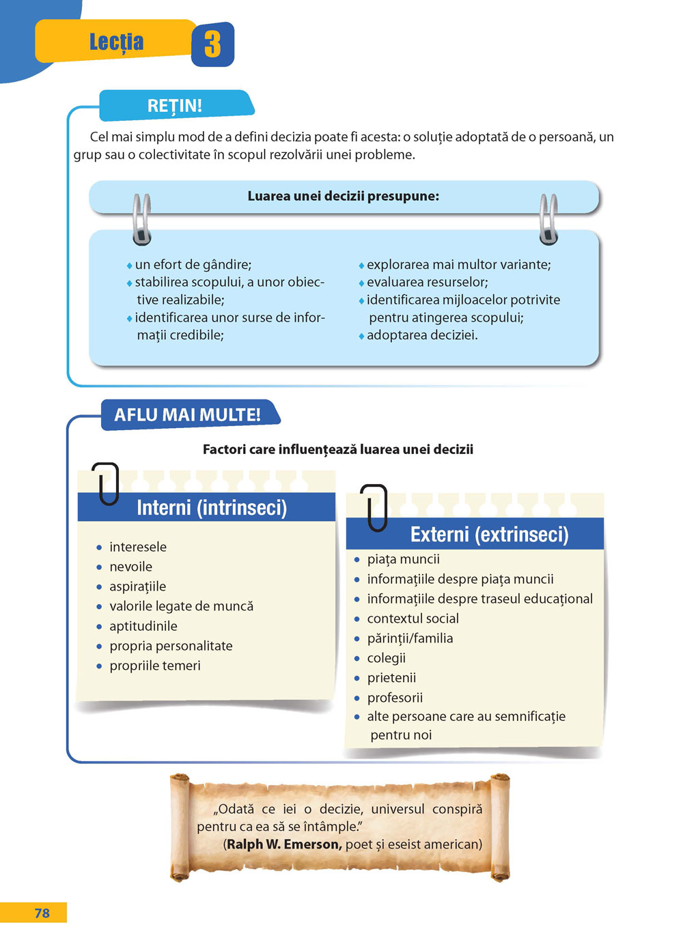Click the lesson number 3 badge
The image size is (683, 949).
[x=212, y=44]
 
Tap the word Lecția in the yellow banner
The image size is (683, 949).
[x=117, y=42]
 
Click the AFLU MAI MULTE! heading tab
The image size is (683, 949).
[x=189, y=415]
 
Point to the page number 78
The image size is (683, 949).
[x=42, y=913]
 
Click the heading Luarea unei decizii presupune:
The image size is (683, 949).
[x=343, y=196]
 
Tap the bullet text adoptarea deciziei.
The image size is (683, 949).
[x=422, y=335]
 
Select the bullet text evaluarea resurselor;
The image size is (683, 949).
[x=428, y=282]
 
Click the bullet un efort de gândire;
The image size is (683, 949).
[x=193, y=264]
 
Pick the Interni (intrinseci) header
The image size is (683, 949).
[x=212, y=507]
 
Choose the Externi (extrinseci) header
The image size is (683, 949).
[x=490, y=534]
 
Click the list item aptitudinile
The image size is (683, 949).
[x=143, y=626]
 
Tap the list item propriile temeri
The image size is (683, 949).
[x=154, y=666]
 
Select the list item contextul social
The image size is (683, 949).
[x=413, y=618]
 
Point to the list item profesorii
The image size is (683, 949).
[x=395, y=697]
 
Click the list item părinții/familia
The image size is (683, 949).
[x=410, y=638]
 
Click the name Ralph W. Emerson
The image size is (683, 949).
[x=284, y=845]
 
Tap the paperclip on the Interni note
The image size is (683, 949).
[x=105, y=483]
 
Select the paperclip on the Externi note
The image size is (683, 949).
[x=374, y=507]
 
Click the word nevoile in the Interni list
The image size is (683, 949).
[x=130, y=567]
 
